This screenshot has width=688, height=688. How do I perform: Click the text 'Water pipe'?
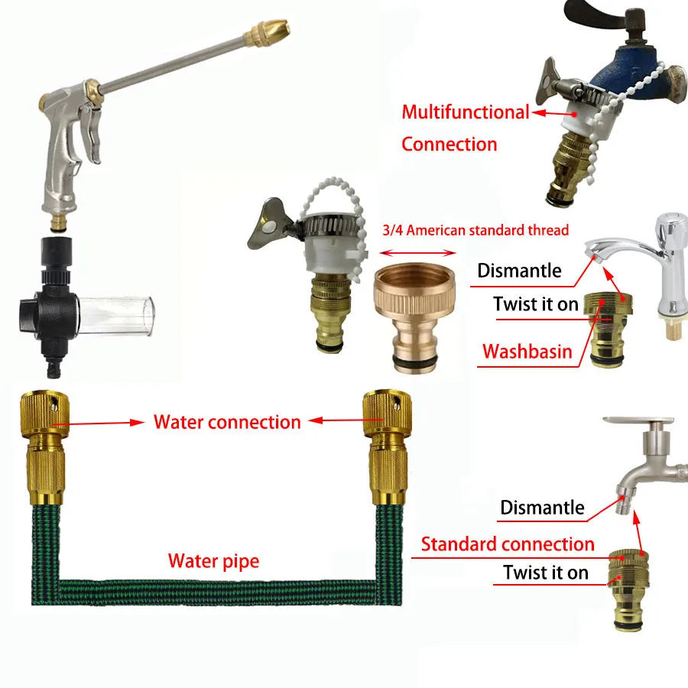[x=213, y=562]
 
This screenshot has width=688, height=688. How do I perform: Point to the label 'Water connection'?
[x=227, y=422]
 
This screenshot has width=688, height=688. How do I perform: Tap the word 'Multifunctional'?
[x=465, y=112]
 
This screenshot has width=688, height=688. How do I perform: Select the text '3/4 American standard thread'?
[x=475, y=230]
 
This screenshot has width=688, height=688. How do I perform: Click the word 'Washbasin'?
[x=527, y=352]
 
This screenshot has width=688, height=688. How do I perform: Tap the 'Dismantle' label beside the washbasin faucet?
[x=519, y=271]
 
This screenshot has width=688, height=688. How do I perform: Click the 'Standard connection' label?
[x=508, y=544]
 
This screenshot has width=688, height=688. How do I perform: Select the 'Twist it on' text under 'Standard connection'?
[x=546, y=573]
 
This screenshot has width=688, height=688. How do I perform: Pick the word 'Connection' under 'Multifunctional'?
[x=449, y=144]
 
